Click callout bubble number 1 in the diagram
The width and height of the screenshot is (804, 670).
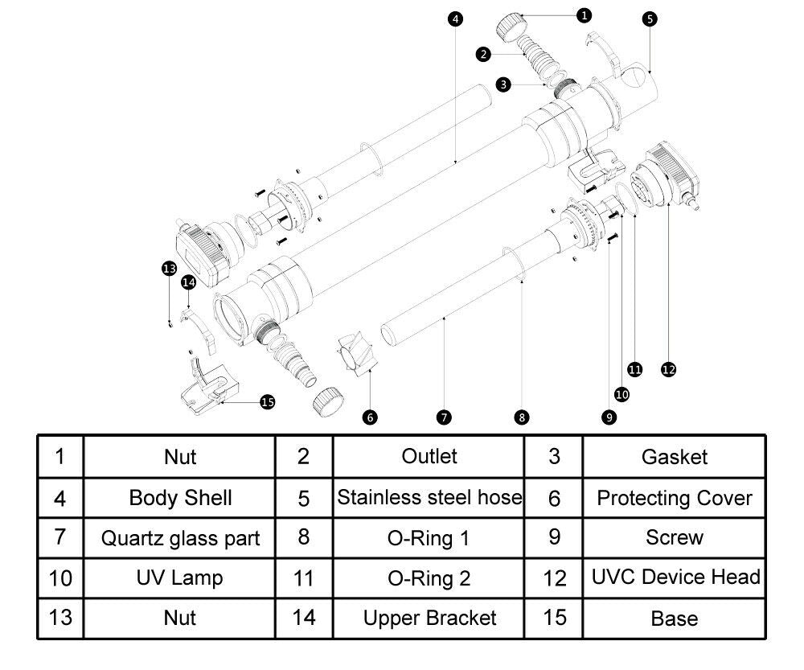point(585,14)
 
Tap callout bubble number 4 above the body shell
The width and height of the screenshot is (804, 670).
point(456,18)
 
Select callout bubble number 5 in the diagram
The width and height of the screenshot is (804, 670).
point(650,19)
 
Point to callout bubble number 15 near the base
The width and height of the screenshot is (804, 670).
point(268,402)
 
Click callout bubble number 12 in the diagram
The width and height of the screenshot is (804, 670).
point(668,369)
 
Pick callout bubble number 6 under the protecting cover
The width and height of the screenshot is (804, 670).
point(370,417)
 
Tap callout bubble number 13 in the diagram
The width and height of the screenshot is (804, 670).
point(169,268)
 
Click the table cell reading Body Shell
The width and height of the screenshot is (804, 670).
point(180,498)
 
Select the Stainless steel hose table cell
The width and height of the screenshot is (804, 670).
point(429,497)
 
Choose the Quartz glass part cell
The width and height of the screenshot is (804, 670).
point(180,538)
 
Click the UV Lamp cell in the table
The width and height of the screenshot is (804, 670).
point(180,578)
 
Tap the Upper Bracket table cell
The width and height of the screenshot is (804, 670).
point(429,619)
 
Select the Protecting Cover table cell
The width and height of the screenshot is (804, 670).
point(675,498)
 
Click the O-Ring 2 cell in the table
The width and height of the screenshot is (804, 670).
point(429,578)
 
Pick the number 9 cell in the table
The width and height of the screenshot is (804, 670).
point(554,537)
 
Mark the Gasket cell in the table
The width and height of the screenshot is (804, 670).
point(675,457)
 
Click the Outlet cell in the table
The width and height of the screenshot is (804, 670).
point(429,456)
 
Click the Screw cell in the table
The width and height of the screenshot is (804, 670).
point(675,537)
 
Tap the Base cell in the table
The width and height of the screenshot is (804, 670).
point(675,619)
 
